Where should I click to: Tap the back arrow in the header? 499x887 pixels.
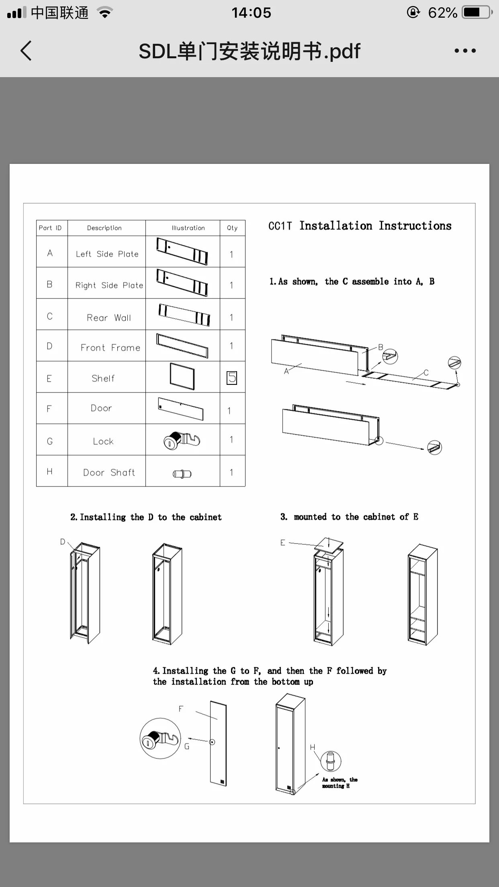click(26, 51)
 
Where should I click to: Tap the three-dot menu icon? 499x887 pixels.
click(465, 51)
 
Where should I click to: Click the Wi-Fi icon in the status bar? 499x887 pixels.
click(105, 13)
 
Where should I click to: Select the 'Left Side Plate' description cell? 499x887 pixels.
click(107, 254)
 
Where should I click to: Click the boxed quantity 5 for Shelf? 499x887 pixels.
click(232, 378)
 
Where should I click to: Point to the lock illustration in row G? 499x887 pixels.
click(182, 440)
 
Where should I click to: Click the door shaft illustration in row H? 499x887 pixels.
click(182, 474)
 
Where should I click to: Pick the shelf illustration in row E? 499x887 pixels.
click(182, 376)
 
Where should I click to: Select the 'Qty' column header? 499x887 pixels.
click(232, 228)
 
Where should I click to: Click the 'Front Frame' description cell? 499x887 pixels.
click(110, 347)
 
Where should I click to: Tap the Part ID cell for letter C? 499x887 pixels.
click(50, 316)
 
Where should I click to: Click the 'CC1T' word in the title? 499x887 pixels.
click(280, 226)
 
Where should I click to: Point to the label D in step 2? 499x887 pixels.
click(63, 542)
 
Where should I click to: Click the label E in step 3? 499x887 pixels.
click(282, 543)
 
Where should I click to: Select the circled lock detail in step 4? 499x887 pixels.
click(160, 738)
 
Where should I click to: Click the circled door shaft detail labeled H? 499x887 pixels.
click(331, 761)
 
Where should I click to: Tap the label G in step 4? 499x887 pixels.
click(187, 746)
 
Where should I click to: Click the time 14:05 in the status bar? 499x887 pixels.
click(251, 13)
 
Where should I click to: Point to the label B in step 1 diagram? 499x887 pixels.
click(380, 347)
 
